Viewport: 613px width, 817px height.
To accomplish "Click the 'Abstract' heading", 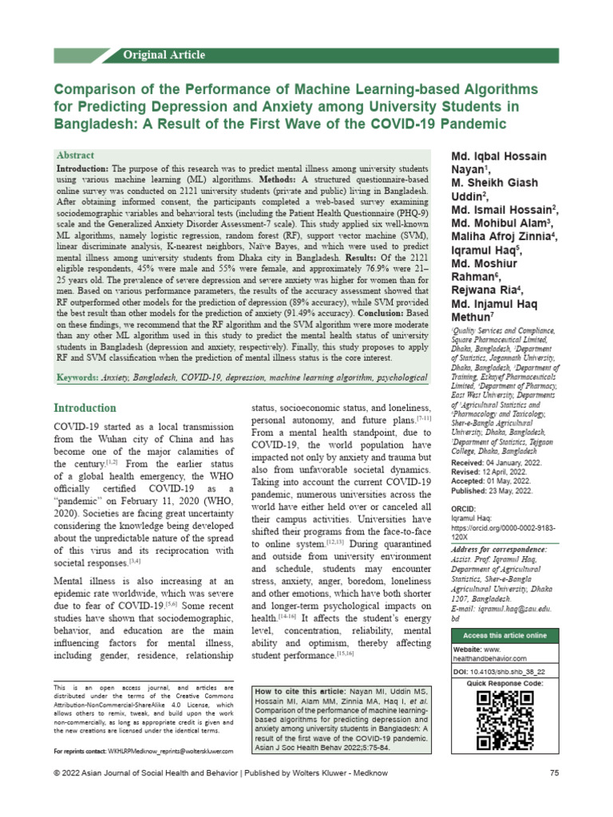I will [x=75, y=155].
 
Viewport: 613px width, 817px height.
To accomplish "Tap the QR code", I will [x=505, y=720].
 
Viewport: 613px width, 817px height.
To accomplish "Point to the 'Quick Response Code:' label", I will [x=505, y=684].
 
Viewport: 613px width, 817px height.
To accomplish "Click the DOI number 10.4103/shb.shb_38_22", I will [x=513, y=673].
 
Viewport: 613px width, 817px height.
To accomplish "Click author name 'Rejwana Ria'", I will [x=485, y=289].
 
